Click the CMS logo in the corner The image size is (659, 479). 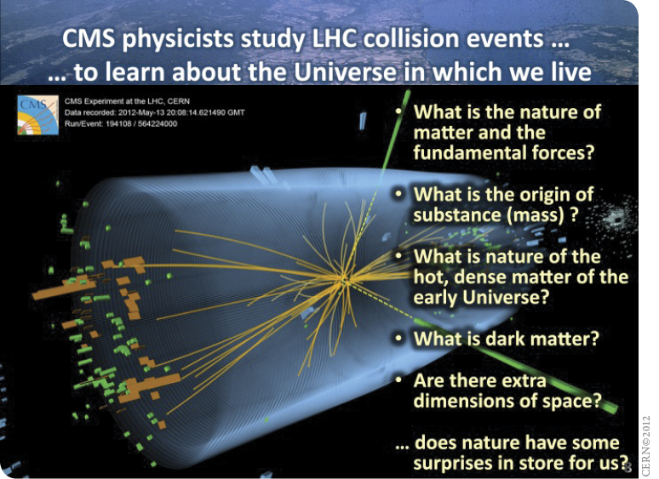[37, 115]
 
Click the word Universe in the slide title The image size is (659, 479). [345, 71]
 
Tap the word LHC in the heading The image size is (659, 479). [333, 38]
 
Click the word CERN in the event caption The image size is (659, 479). [179, 101]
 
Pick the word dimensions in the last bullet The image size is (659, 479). [463, 401]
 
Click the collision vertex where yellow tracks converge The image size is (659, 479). [344, 279]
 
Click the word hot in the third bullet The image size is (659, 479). [429, 277]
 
